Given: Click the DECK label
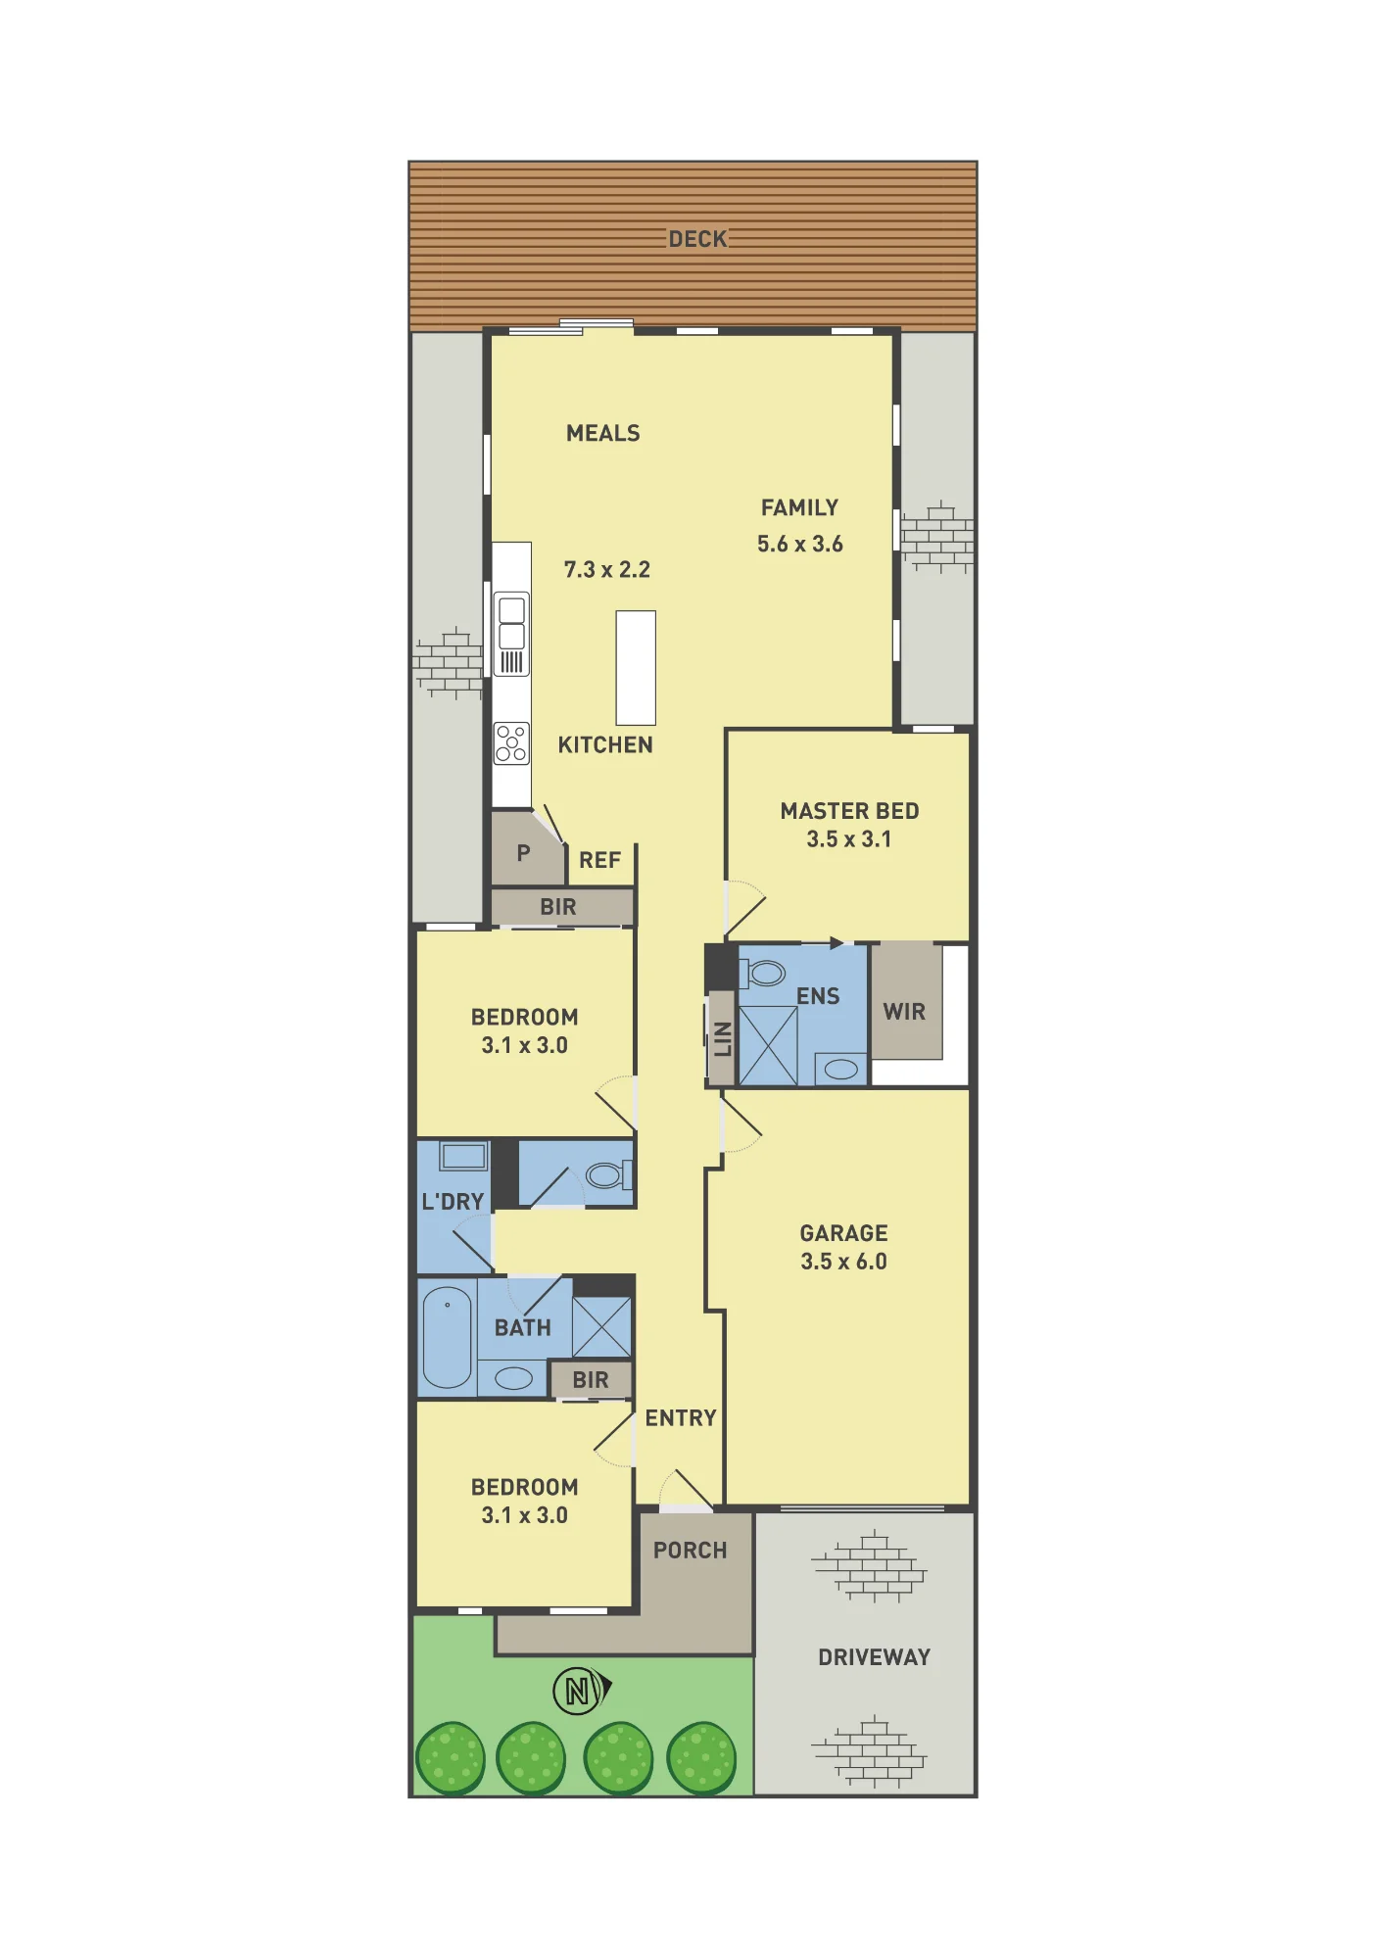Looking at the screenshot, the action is point(697,239).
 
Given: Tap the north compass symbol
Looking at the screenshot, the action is point(581,1691).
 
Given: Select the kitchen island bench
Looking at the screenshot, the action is point(636,667).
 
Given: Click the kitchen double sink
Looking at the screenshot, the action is point(511,634).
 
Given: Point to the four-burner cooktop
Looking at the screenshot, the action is point(511,742).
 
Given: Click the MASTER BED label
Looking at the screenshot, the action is point(849,811).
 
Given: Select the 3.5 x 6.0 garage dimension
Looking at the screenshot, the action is point(843,1262).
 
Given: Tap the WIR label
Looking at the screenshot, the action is point(904,1012).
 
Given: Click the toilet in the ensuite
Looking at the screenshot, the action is point(762,974).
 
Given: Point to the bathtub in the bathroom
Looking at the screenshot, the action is point(448,1337).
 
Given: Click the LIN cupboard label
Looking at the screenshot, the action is point(723,1039).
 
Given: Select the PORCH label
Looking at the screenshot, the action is point(691,1551).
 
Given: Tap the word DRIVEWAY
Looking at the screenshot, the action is point(874,1657).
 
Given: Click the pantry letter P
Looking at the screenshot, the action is point(523,853).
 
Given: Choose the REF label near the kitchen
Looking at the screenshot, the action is point(599,860).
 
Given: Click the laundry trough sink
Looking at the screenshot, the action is point(463,1156).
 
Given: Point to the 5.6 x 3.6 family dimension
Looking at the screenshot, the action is point(799,544).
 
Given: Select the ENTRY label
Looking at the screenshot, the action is point(681,1418).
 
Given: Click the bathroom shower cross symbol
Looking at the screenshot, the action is point(601,1327).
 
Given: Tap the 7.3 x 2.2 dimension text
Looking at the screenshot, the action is point(606,569).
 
